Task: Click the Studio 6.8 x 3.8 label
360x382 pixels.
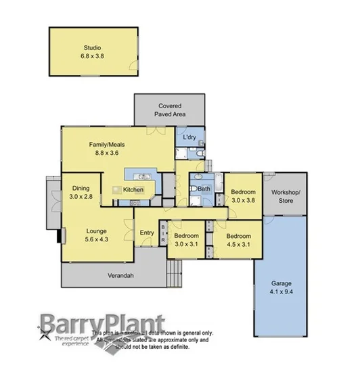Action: [91, 52]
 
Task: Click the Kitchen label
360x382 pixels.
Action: [133, 190]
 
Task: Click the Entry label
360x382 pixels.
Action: [147, 233]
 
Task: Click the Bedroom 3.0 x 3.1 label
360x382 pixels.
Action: [185, 239]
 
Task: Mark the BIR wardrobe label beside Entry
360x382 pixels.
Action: [163, 234]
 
